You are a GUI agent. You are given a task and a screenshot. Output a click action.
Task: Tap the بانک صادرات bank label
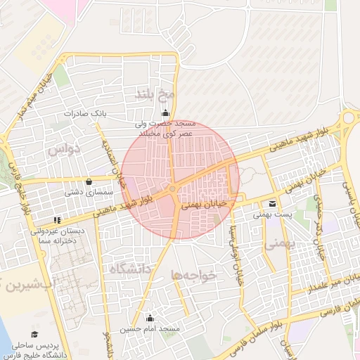click(x=84, y=113)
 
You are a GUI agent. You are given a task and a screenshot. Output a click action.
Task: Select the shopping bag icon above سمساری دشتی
click(x=88, y=181)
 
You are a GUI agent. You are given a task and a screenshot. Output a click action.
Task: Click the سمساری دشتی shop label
click(x=88, y=191)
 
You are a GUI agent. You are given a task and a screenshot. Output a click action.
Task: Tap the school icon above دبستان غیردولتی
click(x=56, y=220)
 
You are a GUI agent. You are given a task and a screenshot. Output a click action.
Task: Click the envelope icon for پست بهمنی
click(x=272, y=204)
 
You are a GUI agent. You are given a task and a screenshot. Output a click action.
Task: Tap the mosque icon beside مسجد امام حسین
click(x=148, y=317)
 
